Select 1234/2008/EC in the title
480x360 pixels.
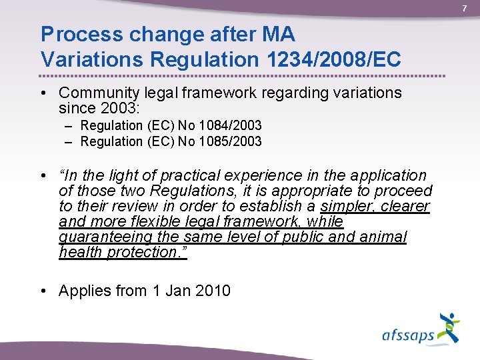332,59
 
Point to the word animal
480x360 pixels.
381,237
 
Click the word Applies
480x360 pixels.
83,291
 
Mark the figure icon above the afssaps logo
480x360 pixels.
449,327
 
